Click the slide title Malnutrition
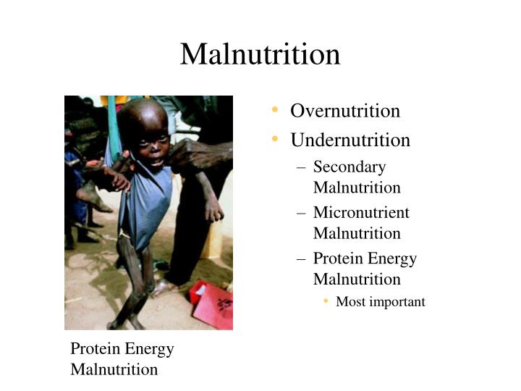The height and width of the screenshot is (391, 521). point(260,54)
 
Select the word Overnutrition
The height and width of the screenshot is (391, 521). point(344,111)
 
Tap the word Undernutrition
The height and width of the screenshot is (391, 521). point(350,140)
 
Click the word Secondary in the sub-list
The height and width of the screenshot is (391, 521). point(349,167)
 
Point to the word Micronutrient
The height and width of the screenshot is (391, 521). point(360,213)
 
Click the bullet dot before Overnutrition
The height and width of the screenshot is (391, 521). point(276,110)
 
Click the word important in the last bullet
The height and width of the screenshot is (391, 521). point(397,302)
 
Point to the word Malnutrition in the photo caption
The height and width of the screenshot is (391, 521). point(114,369)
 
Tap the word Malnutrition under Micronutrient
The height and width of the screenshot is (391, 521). point(356,233)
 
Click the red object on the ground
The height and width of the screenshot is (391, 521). point(211,305)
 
